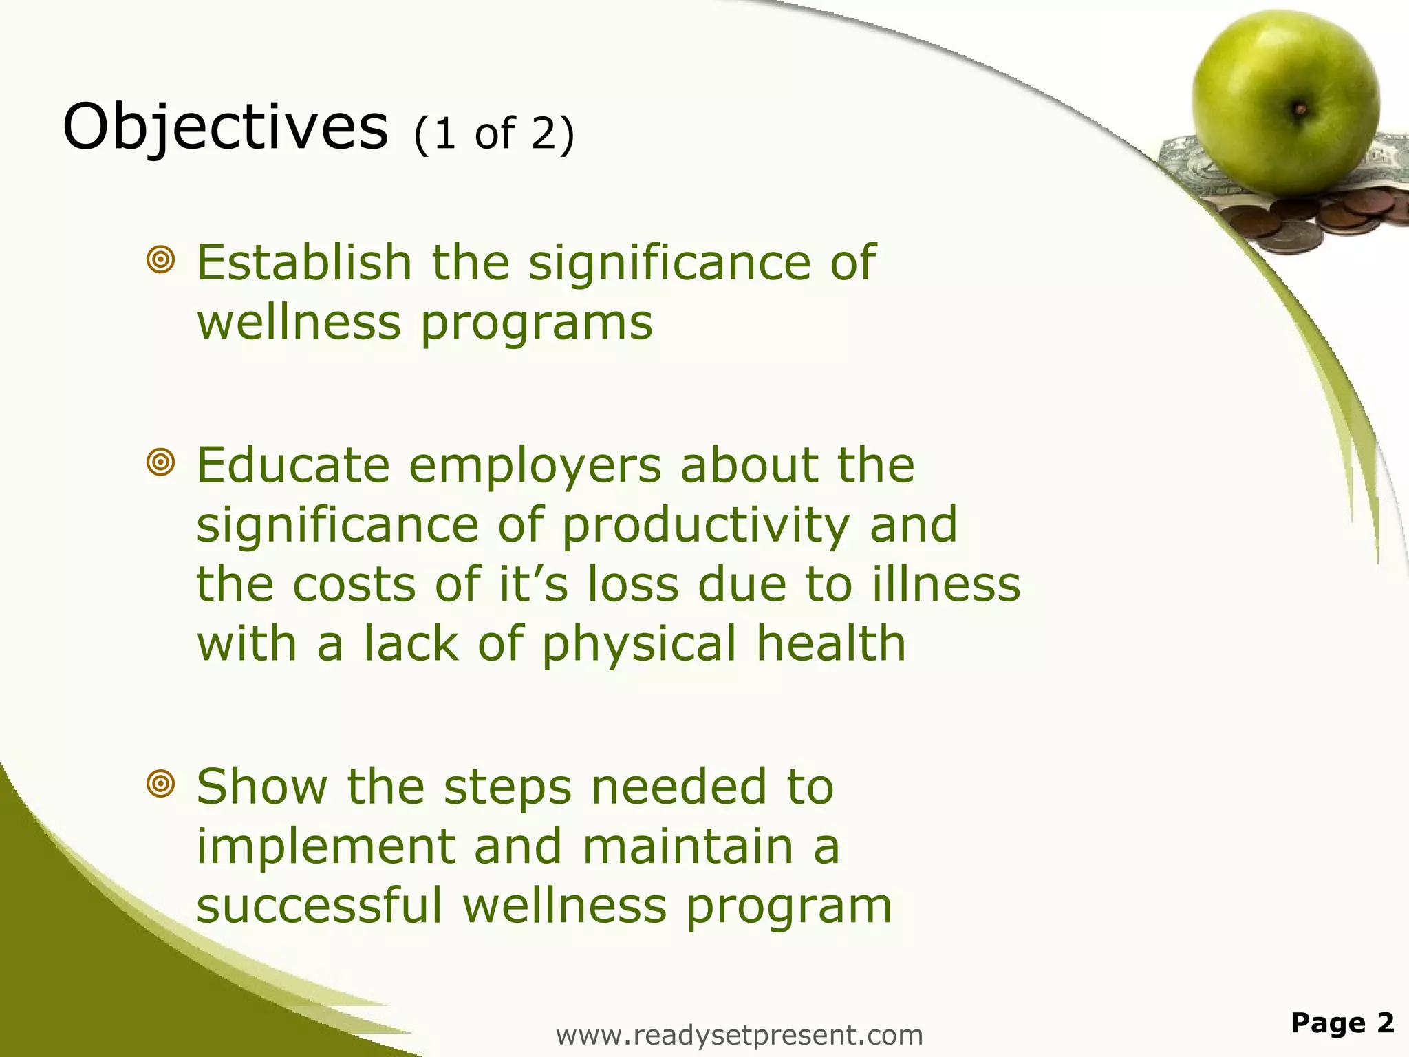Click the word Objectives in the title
pos(225,128)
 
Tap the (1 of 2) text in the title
pos(493,133)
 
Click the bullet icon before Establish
pos(160,261)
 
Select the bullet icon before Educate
pos(160,462)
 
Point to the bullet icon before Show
pos(160,784)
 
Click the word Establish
pos(303,262)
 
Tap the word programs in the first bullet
pos(536,323)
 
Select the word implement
pos(325,848)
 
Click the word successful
pos(319,906)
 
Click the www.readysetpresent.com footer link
pos(739,1035)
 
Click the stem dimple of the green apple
pos(1299,109)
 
